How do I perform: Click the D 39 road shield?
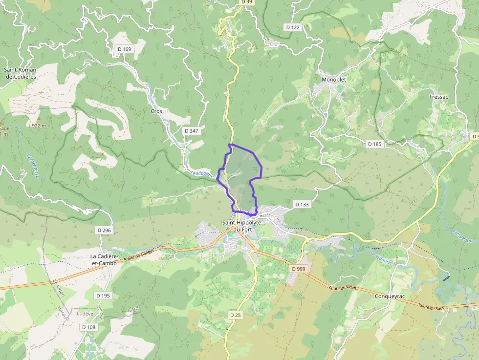click(247, 2)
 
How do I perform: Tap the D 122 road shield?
click(292, 27)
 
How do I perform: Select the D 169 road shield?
click(125, 49)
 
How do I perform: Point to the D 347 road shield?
click(192, 131)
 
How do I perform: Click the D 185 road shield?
click(374, 144)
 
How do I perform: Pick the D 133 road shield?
click(302, 204)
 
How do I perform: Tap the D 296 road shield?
click(104, 230)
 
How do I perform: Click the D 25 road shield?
click(235, 315)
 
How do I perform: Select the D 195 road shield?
click(103, 296)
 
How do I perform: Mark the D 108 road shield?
click(88, 327)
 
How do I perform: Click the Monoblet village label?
click(333, 80)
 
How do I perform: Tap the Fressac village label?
click(438, 97)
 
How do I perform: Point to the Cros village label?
click(156, 111)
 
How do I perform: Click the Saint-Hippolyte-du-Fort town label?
click(242, 226)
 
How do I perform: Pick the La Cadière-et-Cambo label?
click(104, 259)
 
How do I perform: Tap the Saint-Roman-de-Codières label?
click(21, 73)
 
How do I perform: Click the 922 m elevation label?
click(39, 126)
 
